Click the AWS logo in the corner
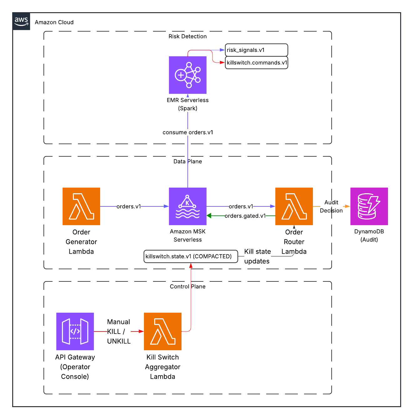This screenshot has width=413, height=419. point(21,21)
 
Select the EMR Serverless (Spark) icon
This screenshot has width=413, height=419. point(188,75)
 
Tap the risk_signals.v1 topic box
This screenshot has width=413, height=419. point(256,50)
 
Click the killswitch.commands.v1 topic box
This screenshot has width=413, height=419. point(256,63)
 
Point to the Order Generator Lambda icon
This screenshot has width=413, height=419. point(81,206)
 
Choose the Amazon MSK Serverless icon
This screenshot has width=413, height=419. point(188,206)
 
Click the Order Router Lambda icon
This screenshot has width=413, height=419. point(294,206)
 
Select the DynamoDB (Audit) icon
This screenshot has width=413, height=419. point(369,206)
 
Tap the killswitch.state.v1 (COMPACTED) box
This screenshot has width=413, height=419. point(191,256)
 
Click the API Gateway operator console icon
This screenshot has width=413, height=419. point(75,331)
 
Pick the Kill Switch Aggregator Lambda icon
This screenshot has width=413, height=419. point(163,331)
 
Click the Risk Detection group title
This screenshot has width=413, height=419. point(188,36)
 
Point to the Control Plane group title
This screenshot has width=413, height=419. point(188,286)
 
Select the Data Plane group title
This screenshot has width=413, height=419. point(188,161)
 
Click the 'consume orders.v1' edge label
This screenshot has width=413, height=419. point(188,132)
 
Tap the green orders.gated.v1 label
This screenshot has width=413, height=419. point(245,216)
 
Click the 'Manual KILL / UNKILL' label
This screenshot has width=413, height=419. point(119,331)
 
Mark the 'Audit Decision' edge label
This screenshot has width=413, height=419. point(331,206)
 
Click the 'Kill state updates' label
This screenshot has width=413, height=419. point(257,256)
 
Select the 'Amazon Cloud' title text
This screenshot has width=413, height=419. point(54,22)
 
